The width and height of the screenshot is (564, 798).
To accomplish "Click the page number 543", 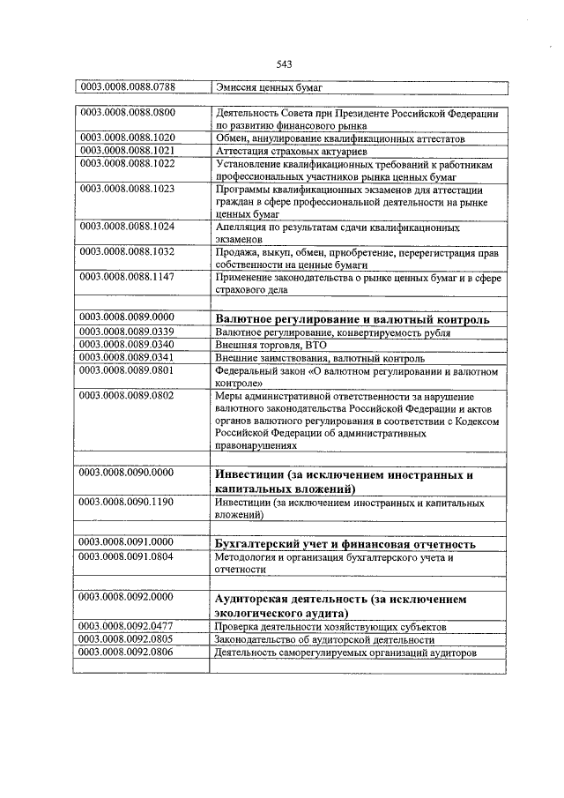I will [x=283, y=63].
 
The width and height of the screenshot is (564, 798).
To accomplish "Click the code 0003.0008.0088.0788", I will [x=128, y=86].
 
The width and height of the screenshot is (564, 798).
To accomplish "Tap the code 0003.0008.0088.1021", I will [x=128, y=151].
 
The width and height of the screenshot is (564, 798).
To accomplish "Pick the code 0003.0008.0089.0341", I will [x=128, y=358].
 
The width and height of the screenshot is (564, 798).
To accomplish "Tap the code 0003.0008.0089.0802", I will [x=128, y=396].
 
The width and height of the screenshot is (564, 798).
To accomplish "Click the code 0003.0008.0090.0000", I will [x=128, y=474].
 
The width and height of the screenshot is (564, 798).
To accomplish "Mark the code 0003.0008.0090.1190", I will [x=128, y=502].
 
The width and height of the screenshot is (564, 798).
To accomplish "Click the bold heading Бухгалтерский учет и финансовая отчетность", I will [x=345, y=543].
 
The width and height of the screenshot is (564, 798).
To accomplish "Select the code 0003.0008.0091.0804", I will [x=128, y=557].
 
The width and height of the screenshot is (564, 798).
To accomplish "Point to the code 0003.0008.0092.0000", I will [x=128, y=599].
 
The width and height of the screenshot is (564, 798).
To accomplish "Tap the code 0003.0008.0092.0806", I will [x=128, y=653].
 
